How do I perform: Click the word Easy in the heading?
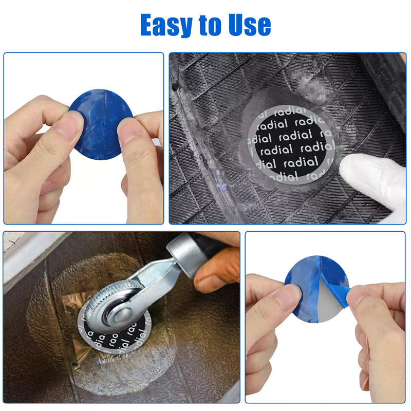166,25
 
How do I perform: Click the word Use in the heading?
249,25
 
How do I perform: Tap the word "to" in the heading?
210,25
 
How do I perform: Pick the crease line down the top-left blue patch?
104,124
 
